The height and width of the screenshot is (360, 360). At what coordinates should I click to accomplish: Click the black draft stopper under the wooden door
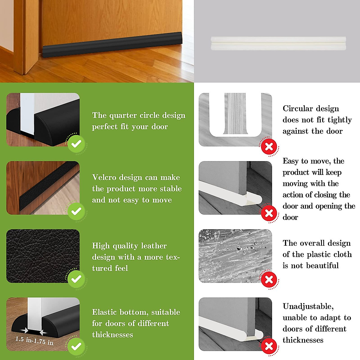(x=112, y=45)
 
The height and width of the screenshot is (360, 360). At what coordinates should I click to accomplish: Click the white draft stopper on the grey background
(x=278, y=43)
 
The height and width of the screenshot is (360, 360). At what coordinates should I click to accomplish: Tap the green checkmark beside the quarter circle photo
(x=76, y=144)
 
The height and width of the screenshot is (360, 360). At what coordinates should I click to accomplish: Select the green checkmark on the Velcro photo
(x=76, y=212)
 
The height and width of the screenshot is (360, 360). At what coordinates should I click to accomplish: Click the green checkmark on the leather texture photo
(x=76, y=279)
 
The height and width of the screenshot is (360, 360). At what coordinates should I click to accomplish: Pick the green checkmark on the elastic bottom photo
(x=76, y=346)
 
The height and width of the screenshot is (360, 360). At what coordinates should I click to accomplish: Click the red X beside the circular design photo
(x=269, y=147)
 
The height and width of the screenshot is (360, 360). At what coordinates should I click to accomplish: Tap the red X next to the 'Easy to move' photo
(x=269, y=213)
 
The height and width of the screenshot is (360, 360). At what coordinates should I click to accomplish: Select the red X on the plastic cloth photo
(x=269, y=280)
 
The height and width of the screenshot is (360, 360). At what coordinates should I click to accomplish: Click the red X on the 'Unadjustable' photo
(x=269, y=346)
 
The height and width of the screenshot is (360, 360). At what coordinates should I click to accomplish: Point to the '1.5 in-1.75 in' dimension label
(x=34, y=340)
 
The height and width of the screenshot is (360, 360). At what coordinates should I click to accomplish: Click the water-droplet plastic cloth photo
(x=235, y=256)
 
